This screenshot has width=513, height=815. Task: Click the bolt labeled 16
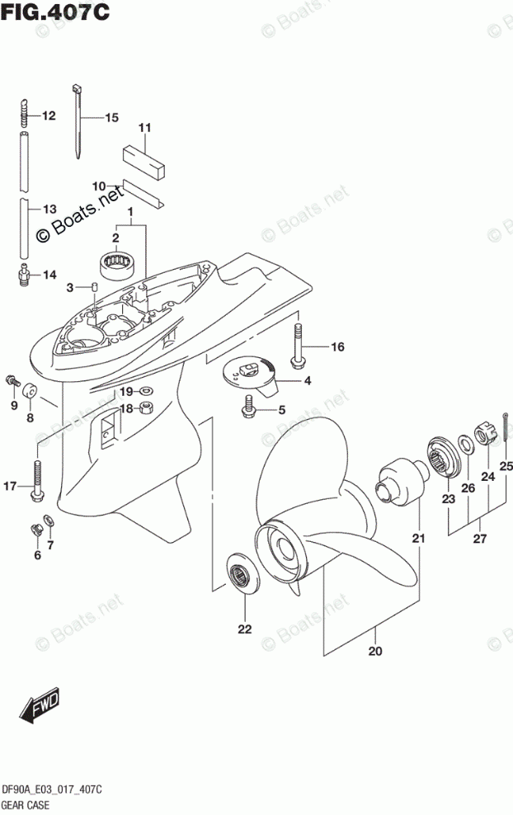point(296,346)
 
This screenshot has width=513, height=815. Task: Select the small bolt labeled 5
point(248,405)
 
